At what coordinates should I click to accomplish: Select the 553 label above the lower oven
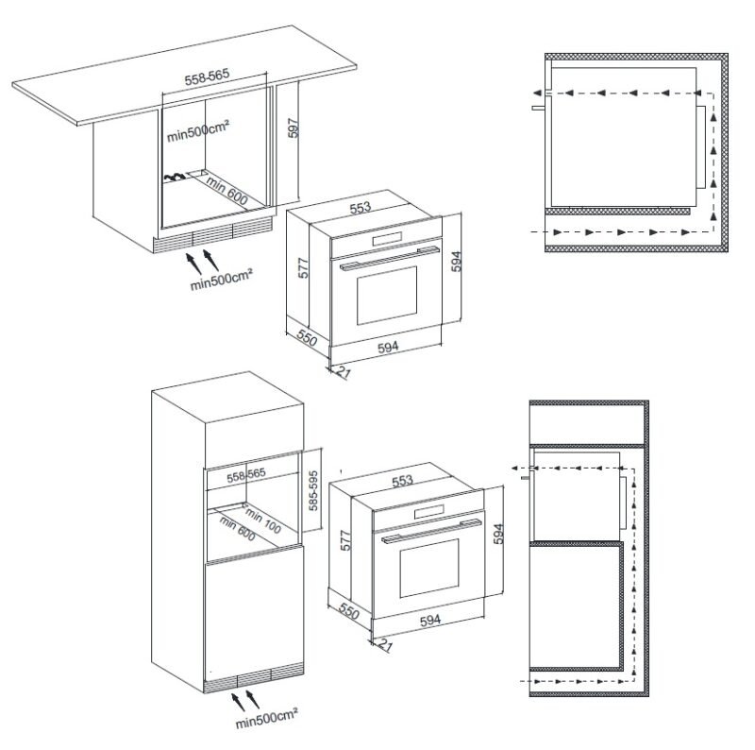pyautogui.click(x=402, y=480)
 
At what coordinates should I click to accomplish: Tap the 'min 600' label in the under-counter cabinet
pyautogui.click(x=227, y=191)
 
